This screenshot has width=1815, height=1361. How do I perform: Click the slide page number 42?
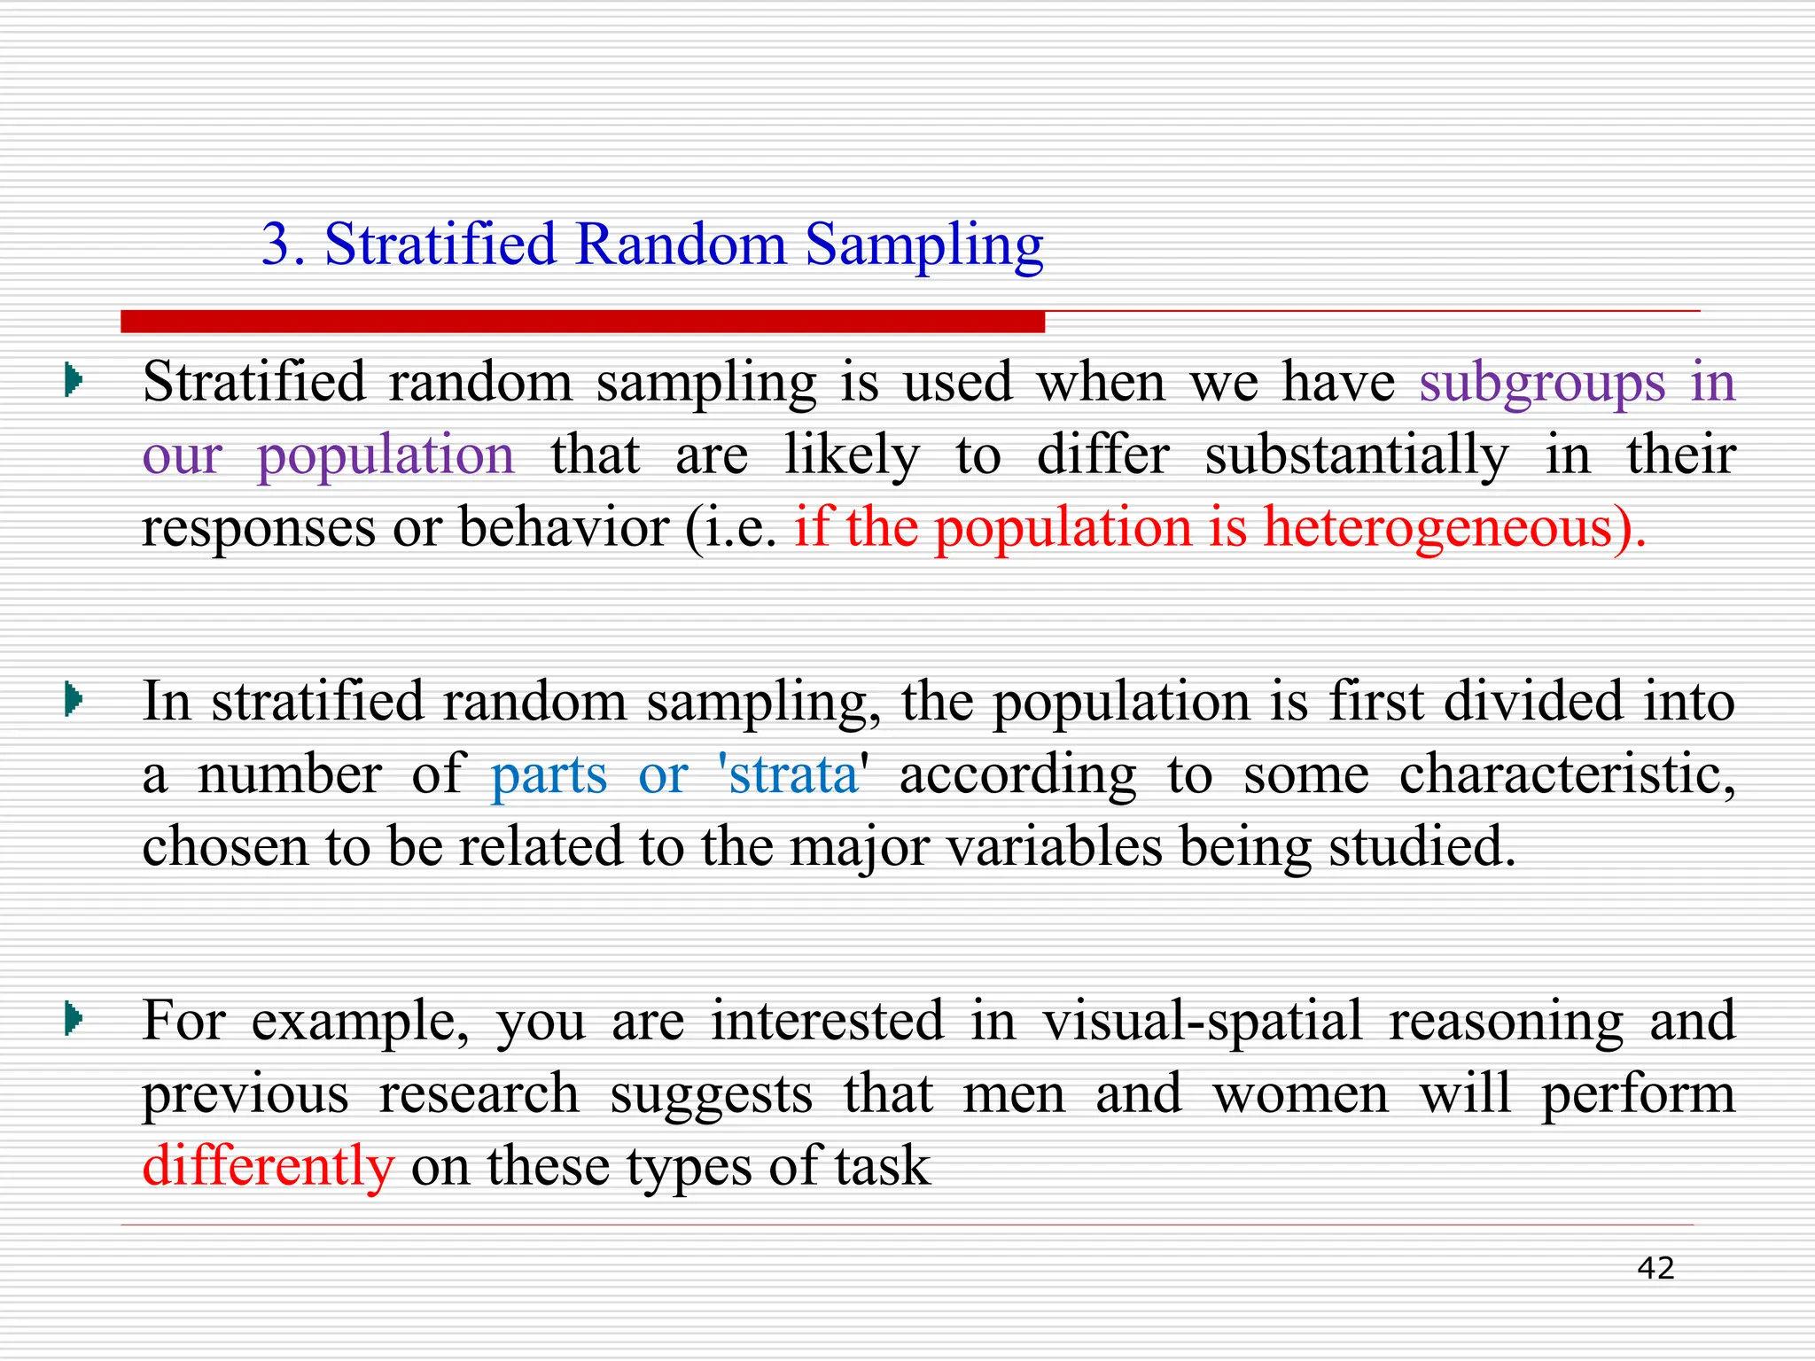coord(1655,1268)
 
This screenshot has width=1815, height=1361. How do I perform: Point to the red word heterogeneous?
coord(1437,528)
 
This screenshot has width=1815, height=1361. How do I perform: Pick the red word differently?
coord(268,1166)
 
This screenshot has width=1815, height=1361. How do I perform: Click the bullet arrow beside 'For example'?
coord(74,1020)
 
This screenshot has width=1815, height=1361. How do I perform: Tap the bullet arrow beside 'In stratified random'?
coord(74,701)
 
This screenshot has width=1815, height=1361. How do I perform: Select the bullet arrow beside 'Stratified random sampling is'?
coord(74,382)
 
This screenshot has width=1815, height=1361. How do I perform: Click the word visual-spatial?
coord(1202,1022)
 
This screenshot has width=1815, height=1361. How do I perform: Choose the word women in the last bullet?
coord(1301,1094)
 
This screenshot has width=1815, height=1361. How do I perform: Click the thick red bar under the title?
coord(582,322)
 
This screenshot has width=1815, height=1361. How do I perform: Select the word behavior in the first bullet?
coord(564,528)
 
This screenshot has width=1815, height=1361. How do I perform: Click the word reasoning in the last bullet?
coord(1506,1022)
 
